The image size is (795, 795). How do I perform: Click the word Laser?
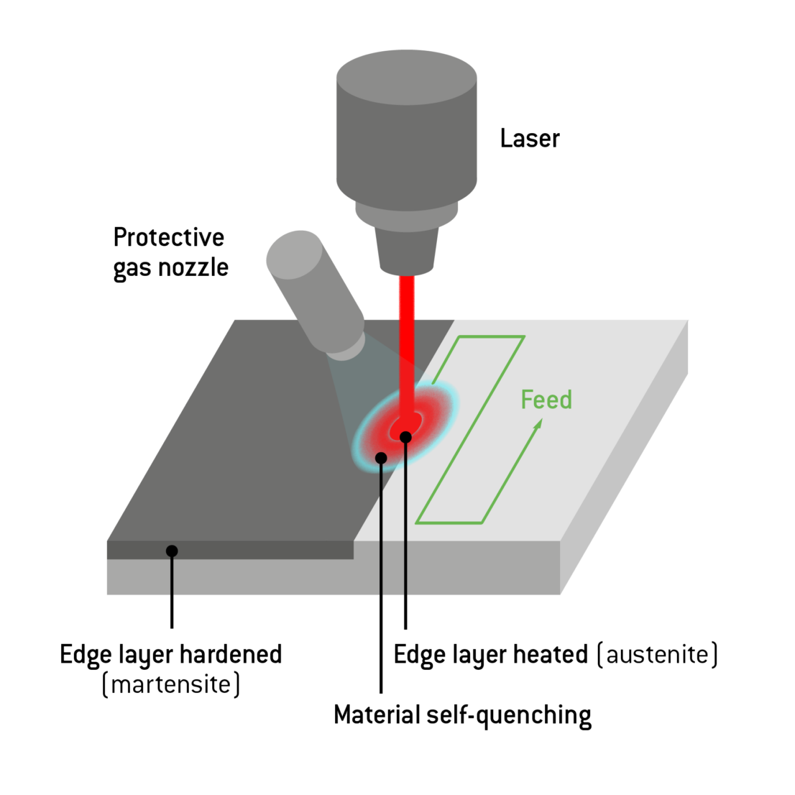pos(529,138)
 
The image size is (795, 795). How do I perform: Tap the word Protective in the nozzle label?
pos(169,238)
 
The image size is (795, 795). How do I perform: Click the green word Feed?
pos(546,400)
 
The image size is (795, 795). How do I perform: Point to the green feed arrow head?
pos(538,425)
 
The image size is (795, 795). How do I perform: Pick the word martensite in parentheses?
pos(171,684)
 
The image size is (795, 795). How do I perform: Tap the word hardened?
pos(230,655)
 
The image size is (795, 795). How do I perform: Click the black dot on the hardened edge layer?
pos(172,551)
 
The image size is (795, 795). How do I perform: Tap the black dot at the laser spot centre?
pos(405,437)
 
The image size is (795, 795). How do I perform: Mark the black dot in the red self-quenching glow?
pos(381,458)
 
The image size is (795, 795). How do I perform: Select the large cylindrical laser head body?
pos(406,137)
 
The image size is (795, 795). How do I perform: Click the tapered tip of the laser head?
pos(407,252)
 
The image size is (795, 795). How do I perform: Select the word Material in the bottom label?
pos(377,716)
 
